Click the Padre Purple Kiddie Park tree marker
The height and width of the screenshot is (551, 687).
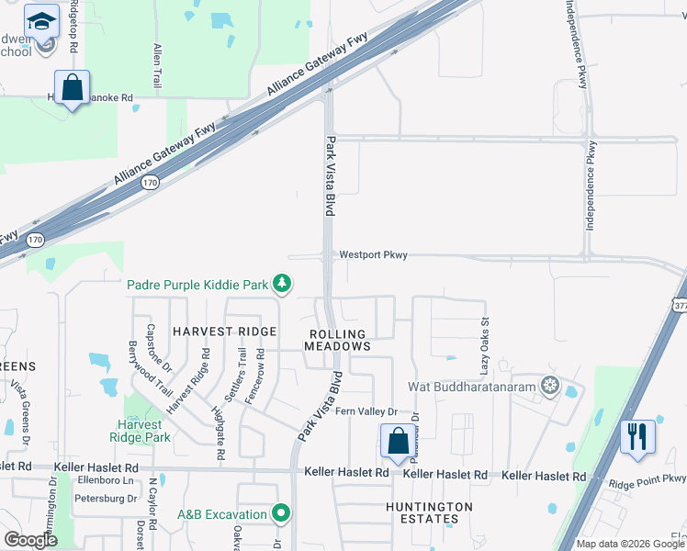pos(285,285)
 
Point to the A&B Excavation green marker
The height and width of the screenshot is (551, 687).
pos(283,513)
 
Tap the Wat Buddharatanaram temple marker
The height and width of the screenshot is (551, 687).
pos(550,384)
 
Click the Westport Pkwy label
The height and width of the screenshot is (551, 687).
pos(373,255)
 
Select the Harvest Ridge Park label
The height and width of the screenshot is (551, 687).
pos(144,432)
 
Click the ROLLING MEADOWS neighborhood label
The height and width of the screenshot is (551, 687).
pos(338,341)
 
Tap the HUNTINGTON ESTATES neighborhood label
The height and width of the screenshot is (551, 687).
pos(429,512)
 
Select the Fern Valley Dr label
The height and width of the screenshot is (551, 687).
pos(366,412)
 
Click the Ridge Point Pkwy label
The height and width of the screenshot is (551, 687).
pos(648,478)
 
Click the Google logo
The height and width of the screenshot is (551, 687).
pos(30,539)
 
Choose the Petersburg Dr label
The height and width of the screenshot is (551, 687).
pos(106,499)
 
